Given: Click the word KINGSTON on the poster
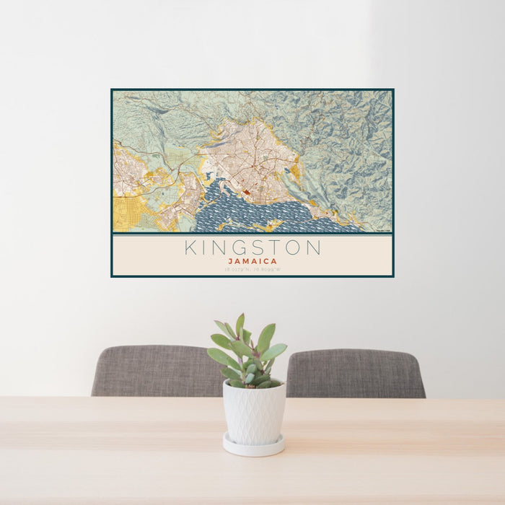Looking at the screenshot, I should [252, 247].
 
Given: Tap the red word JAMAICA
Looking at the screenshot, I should [252, 261].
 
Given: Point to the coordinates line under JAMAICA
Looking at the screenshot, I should [252, 270].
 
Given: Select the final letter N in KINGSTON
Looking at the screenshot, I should [313, 247].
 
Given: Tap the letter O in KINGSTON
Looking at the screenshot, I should [293, 247].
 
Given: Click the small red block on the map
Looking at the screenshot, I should [247, 192].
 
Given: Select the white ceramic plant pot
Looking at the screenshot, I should [254, 413].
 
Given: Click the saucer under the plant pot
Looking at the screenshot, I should [253, 448].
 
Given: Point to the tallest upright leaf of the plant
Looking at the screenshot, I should [240, 325].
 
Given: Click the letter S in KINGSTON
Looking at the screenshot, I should [255, 247].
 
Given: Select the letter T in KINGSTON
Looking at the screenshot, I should [273, 247].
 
